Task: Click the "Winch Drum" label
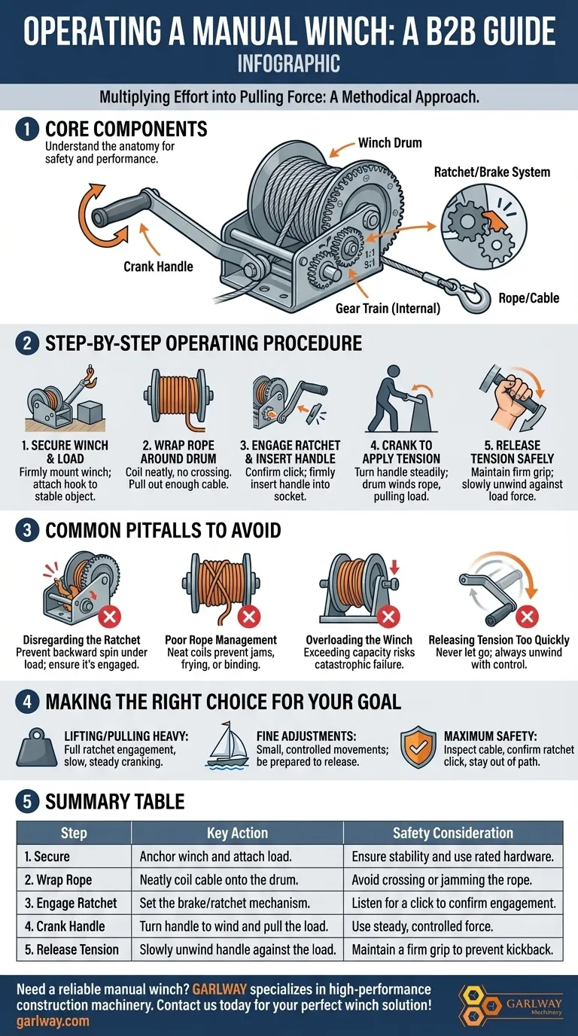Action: coord(390,143)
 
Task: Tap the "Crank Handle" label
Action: coord(158,267)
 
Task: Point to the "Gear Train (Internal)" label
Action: coord(388,308)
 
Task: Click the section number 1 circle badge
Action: coord(27,129)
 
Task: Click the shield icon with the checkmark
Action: coord(418,746)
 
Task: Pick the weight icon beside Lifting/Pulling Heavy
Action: coord(37,748)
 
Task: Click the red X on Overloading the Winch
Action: coord(388,616)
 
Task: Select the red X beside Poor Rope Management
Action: coord(249,616)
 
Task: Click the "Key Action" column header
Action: coord(237,833)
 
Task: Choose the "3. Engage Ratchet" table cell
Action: coord(74,903)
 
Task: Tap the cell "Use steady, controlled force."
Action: coord(453,926)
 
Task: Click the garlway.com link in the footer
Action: coord(53,1021)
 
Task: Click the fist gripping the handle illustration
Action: coord(513,398)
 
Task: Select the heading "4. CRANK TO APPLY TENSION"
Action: coord(401,452)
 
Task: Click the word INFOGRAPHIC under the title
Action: coord(289,63)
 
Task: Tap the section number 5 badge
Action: coord(27,802)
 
